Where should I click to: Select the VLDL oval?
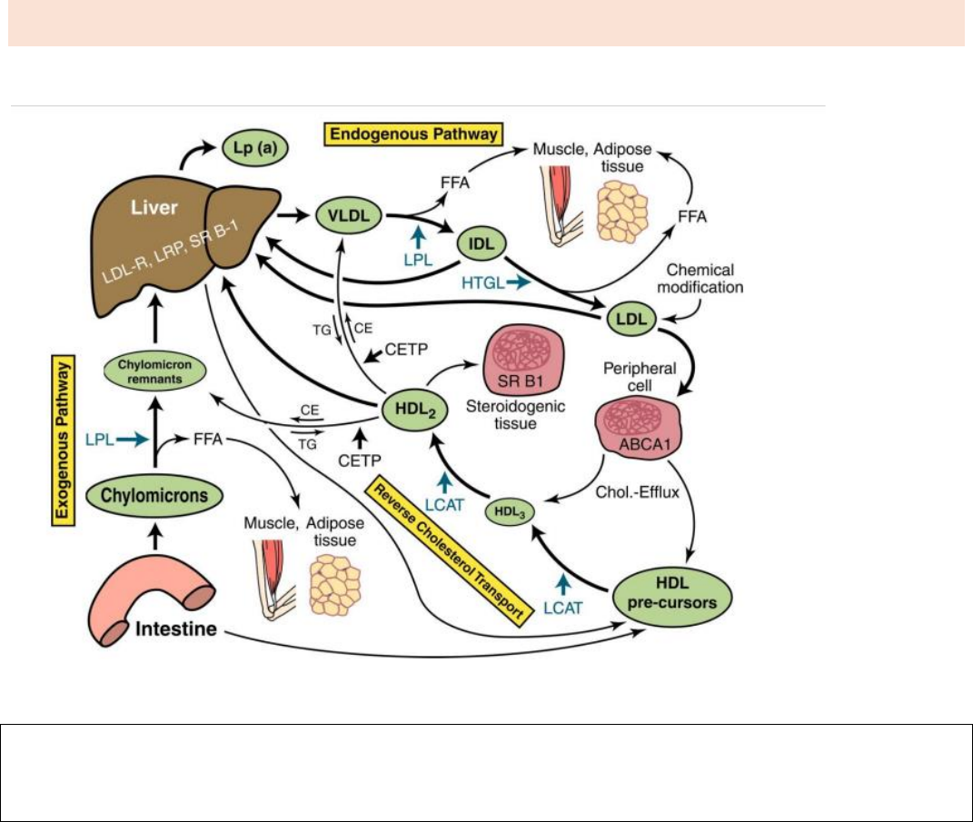click(x=348, y=218)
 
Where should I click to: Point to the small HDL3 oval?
click(x=510, y=512)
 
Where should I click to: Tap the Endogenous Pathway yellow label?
click(x=413, y=134)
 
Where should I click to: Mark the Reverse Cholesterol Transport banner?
click(x=449, y=550)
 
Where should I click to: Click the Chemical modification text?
click(x=705, y=279)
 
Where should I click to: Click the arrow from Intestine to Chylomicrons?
click(x=155, y=538)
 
